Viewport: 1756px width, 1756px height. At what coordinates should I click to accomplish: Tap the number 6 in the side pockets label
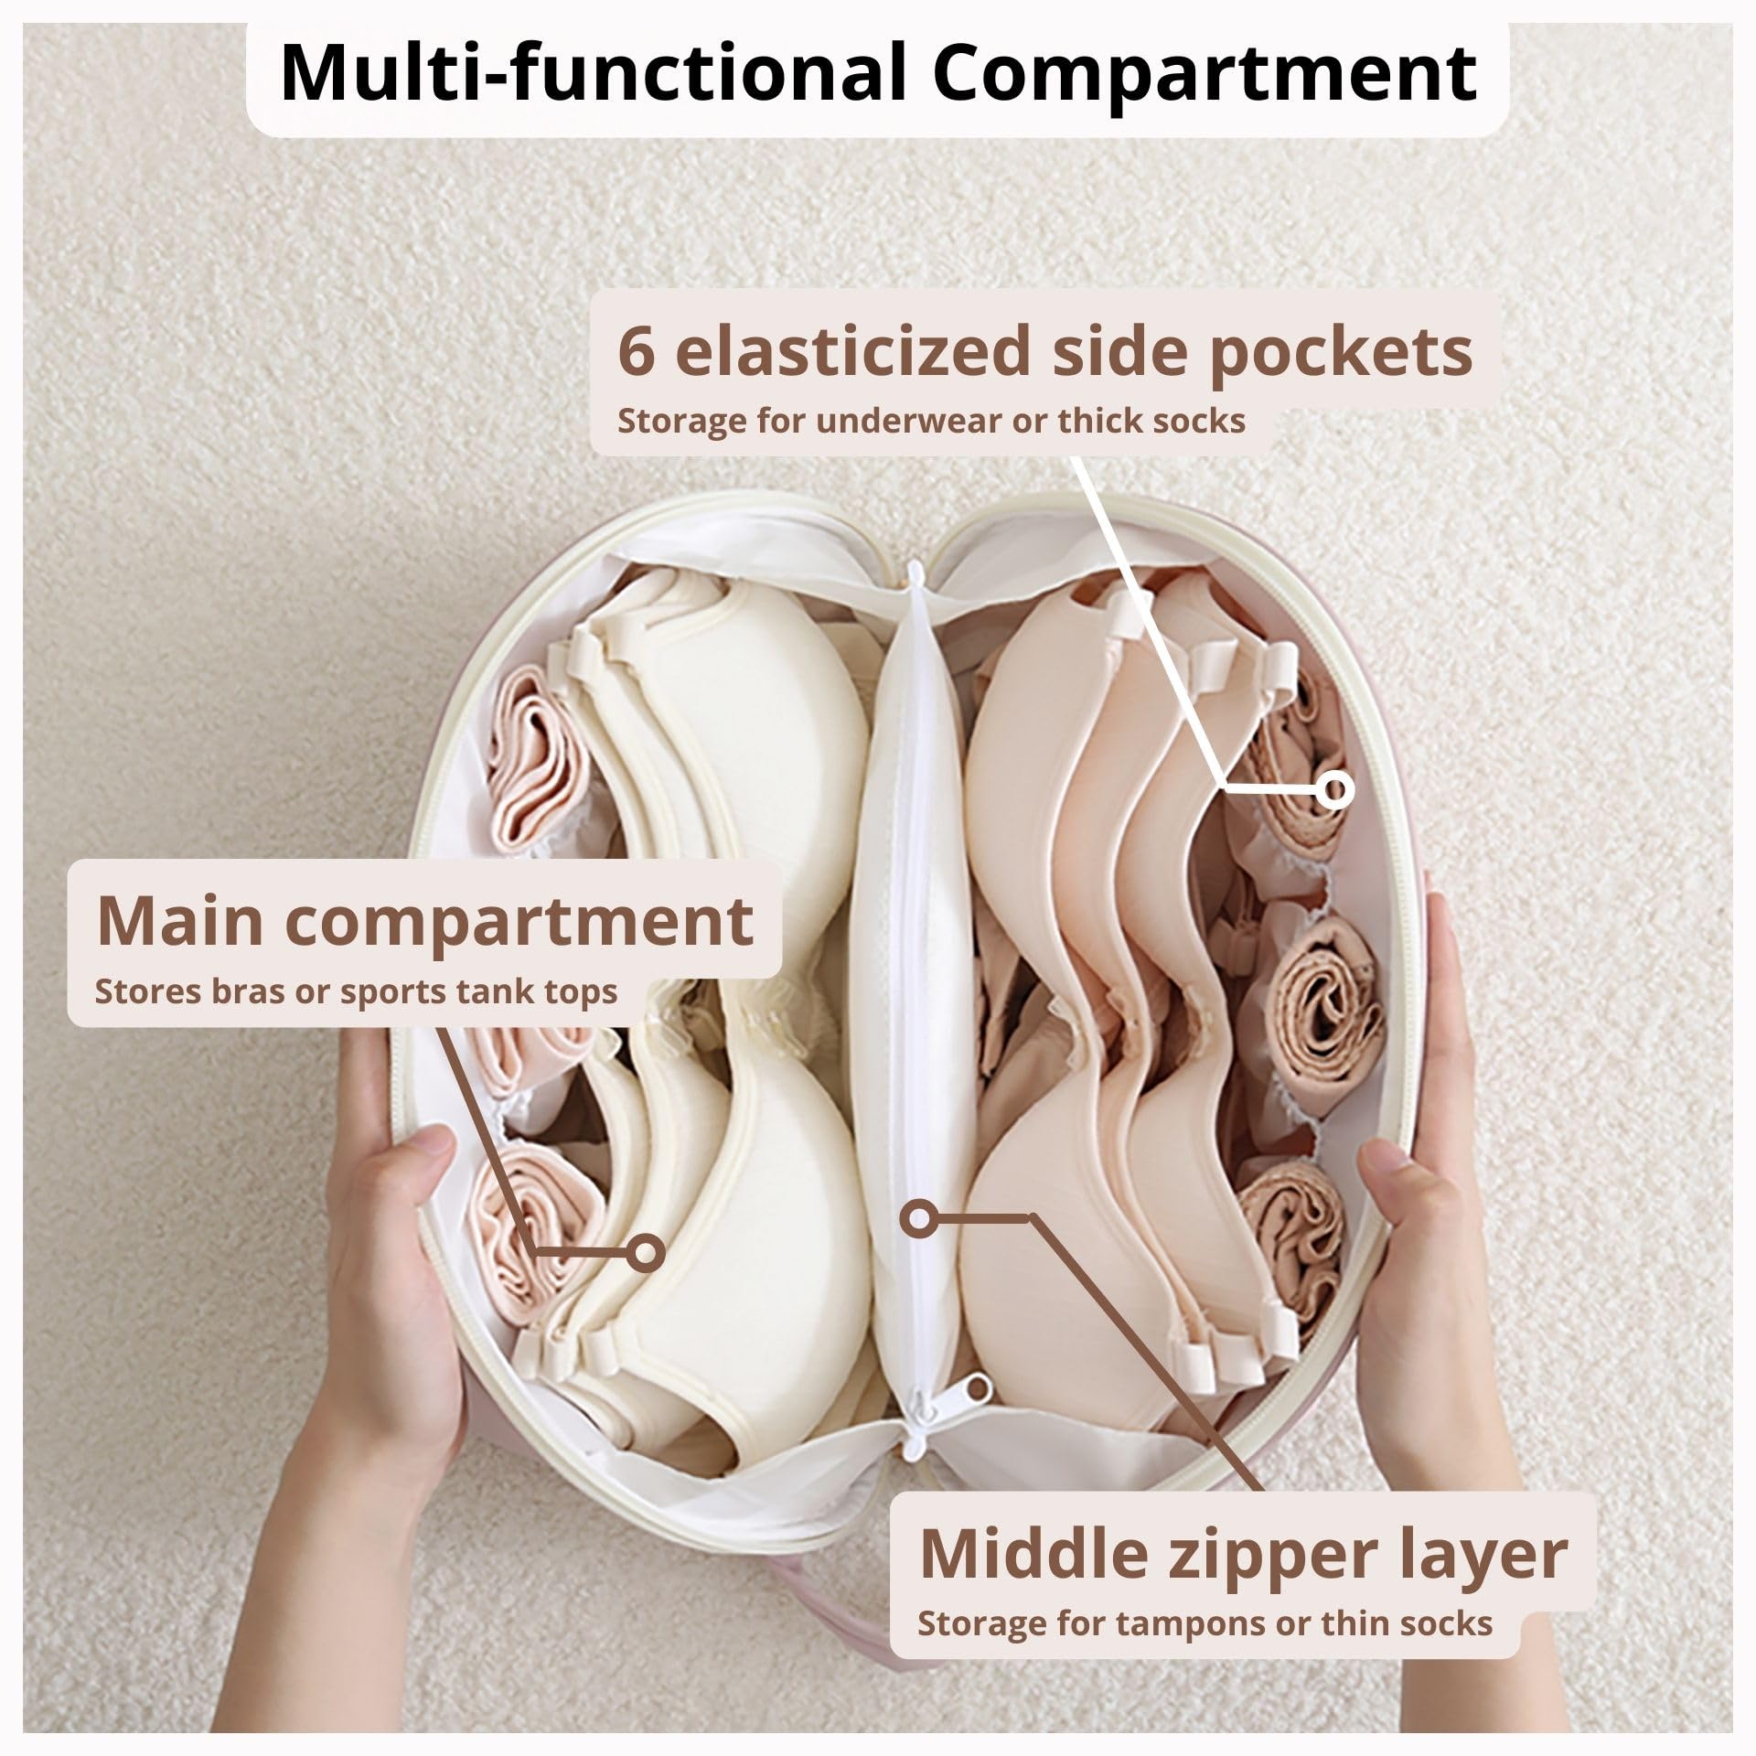point(637,350)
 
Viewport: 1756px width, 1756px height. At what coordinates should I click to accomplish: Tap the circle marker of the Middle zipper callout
point(917,1217)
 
